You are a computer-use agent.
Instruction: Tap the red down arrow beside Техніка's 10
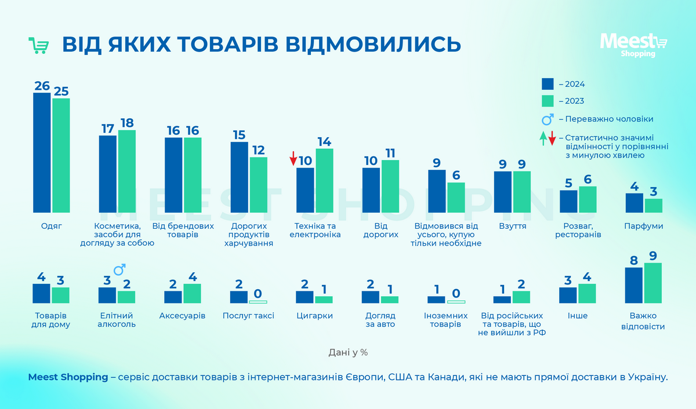293,158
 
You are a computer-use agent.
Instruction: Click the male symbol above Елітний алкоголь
119,271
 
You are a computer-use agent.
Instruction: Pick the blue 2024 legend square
548,84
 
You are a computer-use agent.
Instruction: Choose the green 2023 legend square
548,101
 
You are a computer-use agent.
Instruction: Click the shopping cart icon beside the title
39,45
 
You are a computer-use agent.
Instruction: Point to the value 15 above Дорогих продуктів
239,135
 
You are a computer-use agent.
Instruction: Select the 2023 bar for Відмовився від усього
456,197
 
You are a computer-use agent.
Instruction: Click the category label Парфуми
643,226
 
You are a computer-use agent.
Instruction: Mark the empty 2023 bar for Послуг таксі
258,302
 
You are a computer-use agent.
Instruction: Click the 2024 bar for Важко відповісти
634,285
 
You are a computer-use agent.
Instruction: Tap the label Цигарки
314,316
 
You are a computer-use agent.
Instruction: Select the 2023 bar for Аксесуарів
193,293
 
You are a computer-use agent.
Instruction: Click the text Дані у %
347,352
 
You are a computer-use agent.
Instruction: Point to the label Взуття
512,226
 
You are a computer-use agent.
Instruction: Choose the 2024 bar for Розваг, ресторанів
568,201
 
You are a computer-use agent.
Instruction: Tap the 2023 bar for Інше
587,293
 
